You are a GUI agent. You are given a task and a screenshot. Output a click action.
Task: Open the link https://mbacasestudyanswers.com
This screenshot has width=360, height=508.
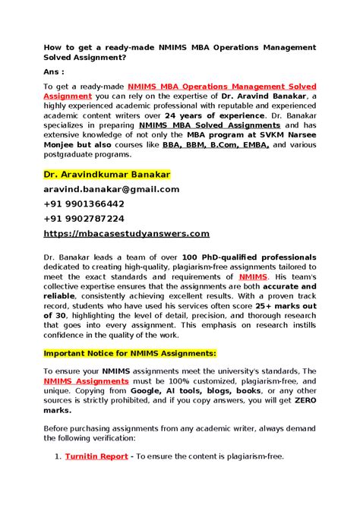click(x=127, y=234)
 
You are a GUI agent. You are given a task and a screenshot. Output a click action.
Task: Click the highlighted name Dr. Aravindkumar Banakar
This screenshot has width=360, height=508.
click(x=107, y=175)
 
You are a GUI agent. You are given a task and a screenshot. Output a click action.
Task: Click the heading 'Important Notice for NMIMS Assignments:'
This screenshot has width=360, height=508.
click(x=130, y=354)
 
